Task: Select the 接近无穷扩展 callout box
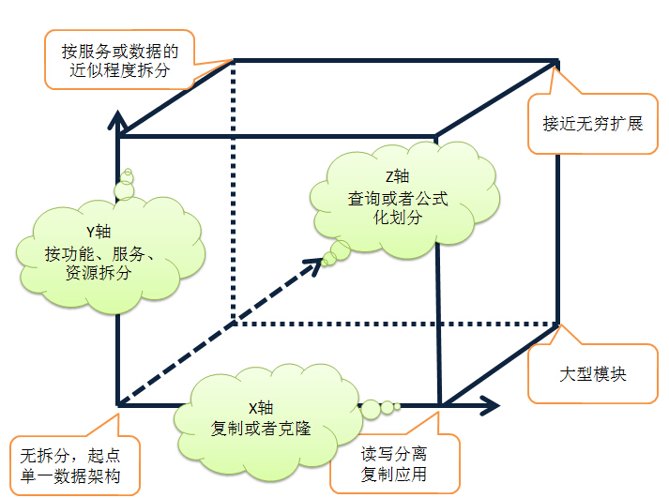pos(592,123)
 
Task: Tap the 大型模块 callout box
pos(591,374)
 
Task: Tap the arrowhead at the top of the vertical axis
pos(117,118)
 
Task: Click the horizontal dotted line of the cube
pos(394,324)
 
